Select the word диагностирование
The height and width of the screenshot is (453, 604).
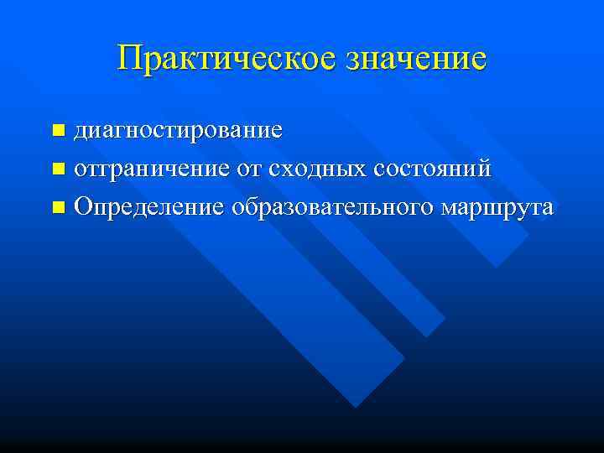pyautogui.click(x=178, y=132)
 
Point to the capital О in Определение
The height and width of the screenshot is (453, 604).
pyautogui.click(x=83, y=206)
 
